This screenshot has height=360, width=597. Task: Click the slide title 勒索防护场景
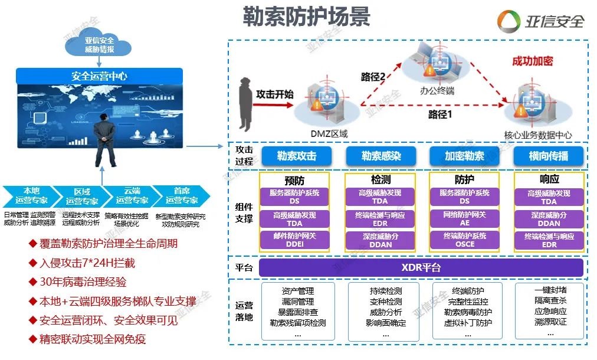point(306,17)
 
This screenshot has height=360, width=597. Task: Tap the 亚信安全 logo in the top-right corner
point(540,21)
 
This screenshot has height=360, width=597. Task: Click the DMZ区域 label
point(329,134)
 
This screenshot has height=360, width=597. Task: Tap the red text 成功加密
point(532,61)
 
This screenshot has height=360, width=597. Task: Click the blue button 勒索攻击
point(297,156)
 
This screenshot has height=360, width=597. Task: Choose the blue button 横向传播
point(549,156)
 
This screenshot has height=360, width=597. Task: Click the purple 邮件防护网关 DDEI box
point(294,239)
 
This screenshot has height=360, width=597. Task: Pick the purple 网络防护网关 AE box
point(464,219)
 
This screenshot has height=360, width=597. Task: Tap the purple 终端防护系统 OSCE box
point(464,239)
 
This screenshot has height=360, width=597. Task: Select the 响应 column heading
point(549,179)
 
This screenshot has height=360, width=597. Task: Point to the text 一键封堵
point(550,290)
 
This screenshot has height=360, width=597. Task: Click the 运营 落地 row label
point(244,311)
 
